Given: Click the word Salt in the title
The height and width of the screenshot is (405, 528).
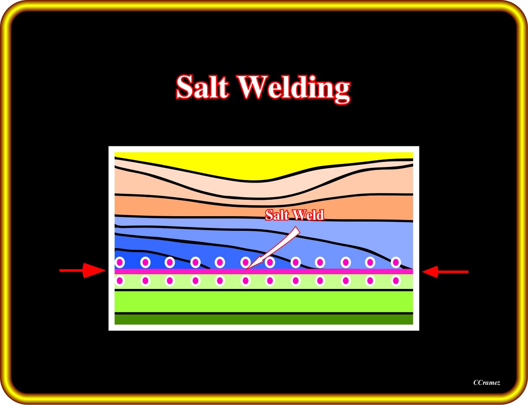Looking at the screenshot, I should point(202,87).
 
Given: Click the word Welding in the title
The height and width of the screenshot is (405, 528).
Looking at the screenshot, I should point(294,88).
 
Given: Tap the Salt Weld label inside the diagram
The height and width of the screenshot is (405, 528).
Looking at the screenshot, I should point(294,215).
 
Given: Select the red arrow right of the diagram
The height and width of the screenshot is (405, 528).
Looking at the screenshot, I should point(445,272).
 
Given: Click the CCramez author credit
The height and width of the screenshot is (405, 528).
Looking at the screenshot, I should point(486,383).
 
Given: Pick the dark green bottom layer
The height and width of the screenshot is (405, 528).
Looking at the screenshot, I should point(264,320).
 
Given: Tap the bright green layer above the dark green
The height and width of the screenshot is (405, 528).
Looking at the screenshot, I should point(264,301).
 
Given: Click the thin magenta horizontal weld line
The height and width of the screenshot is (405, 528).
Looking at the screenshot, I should point(336,272).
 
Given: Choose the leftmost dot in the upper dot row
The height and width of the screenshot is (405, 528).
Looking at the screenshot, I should point(120,262).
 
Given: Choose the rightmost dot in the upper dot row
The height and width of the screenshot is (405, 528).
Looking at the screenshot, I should point(395,262).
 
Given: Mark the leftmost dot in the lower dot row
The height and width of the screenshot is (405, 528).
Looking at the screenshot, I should point(120,281).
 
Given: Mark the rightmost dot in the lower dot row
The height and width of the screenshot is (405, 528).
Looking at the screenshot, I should point(395,281).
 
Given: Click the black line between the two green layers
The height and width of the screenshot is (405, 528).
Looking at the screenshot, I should point(264,313).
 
